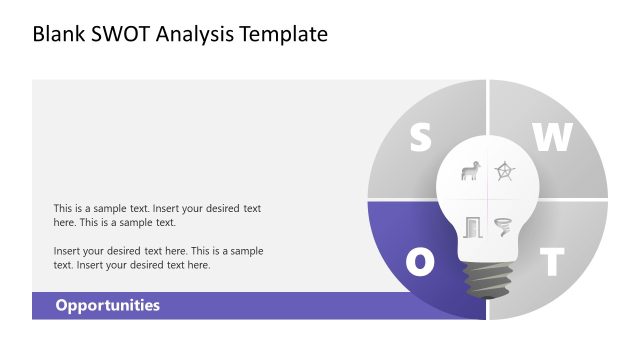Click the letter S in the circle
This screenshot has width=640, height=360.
click(420, 139)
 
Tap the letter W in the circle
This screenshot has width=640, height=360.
click(551, 139)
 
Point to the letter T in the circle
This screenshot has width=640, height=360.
click(551, 263)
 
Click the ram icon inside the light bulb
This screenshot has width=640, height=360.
click(469, 172)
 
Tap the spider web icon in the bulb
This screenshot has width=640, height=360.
click(506, 172)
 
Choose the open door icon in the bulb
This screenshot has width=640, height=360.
click(473, 227)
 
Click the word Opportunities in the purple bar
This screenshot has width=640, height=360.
click(107, 306)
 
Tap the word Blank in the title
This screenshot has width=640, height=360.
click(59, 35)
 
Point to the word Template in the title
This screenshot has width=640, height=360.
click(282, 35)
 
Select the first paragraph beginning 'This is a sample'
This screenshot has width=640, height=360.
click(157, 215)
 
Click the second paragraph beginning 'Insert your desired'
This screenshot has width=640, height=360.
click(157, 258)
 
